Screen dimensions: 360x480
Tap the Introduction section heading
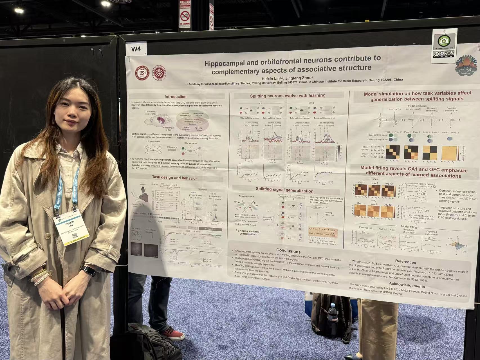coord(175,97)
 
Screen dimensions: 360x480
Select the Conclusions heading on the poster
coord(288,251)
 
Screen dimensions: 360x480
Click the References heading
coord(405,262)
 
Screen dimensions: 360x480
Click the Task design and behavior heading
coord(174,178)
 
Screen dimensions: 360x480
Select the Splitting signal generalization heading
coord(284,191)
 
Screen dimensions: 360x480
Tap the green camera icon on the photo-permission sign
coord(444,41)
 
